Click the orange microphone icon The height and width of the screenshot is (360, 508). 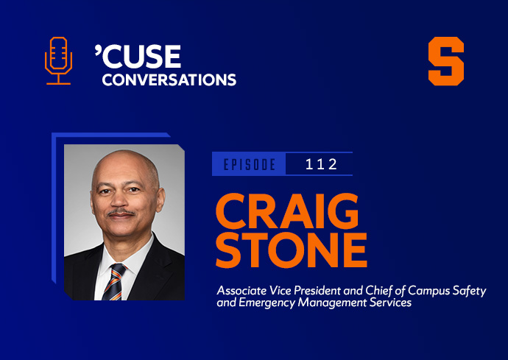[x=58, y=60]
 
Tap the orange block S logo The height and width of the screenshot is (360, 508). [x=446, y=61]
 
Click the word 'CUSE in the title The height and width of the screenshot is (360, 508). [x=138, y=56]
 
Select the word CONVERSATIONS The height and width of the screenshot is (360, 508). [x=169, y=80]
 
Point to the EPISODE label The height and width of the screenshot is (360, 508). [x=250, y=165]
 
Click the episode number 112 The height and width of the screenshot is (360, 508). [x=321, y=164]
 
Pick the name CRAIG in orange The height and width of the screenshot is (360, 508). [x=287, y=211]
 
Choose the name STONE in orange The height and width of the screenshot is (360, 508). [x=292, y=250]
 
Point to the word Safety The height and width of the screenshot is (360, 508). [x=470, y=292]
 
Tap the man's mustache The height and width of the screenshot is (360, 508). [x=121, y=213]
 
